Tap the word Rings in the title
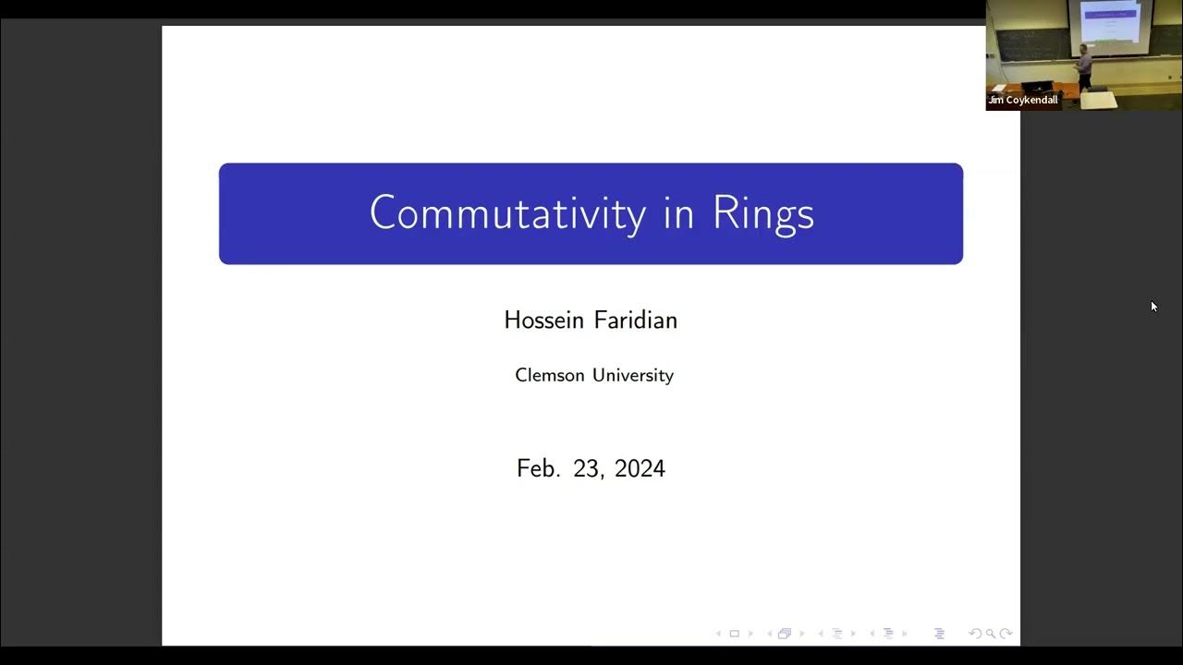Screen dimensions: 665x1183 pyautogui.click(x=762, y=213)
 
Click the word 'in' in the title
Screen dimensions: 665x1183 pyautogui.click(x=678, y=213)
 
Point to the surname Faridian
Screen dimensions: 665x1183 pyautogui.click(x=638, y=320)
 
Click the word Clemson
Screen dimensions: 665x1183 pyautogui.click(x=549, y=375)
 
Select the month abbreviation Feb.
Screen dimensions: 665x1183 pyautogui.click(x=538, y=468)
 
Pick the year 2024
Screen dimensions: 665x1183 pyautogui.click(x=640, y=468)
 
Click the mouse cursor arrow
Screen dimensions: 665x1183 pyautogui.click(x=1153, y=306)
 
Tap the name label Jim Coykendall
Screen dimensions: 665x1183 pyautogui.click(x=1023, y=100)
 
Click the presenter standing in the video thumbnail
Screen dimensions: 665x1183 pyautogui.click(x=1084, y=65)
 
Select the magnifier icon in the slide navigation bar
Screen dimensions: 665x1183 pyautogui.click(x=991, y=634)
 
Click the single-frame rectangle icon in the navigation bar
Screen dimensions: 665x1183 pyautogui.click(x=735, y=634)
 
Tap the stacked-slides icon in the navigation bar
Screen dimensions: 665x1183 pyautogui.click(x=785, y=634)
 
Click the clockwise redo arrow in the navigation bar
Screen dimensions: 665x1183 pyautogui.click(x=1006, y=634)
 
